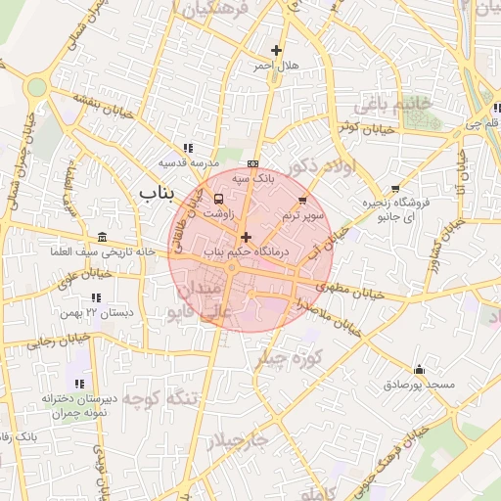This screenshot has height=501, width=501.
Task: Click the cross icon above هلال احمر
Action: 277,50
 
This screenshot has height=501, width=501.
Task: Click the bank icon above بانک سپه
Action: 254,163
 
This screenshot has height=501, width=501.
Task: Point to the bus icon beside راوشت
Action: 217,199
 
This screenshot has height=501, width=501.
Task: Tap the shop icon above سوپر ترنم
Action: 301,200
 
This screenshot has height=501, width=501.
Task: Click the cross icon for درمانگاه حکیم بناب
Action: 246,237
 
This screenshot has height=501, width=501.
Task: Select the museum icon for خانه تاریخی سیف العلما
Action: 104,238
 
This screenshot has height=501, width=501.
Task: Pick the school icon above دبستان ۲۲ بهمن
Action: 96,297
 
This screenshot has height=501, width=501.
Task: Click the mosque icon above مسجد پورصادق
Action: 420,370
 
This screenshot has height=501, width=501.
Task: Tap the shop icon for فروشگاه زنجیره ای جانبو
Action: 394,189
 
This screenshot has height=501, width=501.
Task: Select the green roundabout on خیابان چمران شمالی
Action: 36,87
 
